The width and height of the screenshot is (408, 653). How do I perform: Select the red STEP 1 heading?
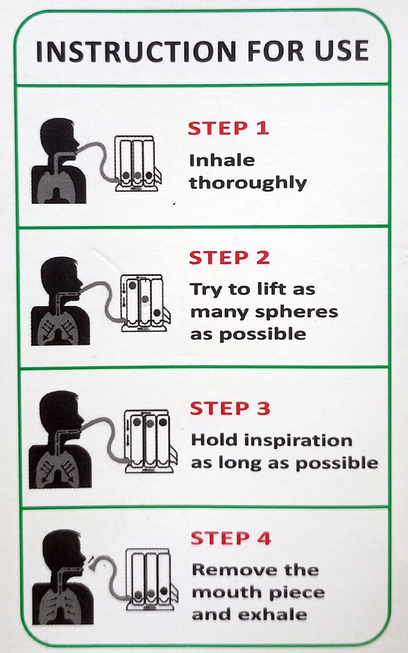pyautogui.click(x=228, y=128)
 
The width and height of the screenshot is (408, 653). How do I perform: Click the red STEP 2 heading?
pyautogui.click(x=230, y=258)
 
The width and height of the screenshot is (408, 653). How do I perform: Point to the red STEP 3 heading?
pyautogui.click(x=230, y=408)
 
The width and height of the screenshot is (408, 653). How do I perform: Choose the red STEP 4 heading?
pyautogui.click(x=231, y=538)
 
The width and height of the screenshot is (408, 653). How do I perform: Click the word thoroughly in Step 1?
pyautogui.click(x=248, y=183)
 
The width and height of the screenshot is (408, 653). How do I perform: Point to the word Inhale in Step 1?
pyautogui.click(x=222, y=160)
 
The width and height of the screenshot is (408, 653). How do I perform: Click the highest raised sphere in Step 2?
pyautogui.click(x=132, y=285)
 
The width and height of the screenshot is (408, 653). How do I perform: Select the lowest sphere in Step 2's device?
pyautogui.click(x=157, y=313)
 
